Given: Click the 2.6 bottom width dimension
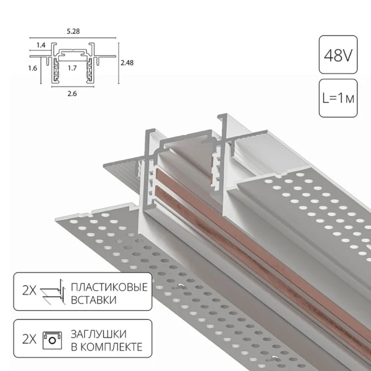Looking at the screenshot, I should tap(71, 93).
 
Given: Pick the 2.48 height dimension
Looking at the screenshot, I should tap(127, 62).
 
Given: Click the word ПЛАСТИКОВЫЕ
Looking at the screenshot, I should tap(109, 288).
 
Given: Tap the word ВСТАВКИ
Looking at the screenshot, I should tap(93, 301).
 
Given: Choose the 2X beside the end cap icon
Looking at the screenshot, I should tap(28, 339).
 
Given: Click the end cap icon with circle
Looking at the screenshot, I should tap(54, 339).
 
